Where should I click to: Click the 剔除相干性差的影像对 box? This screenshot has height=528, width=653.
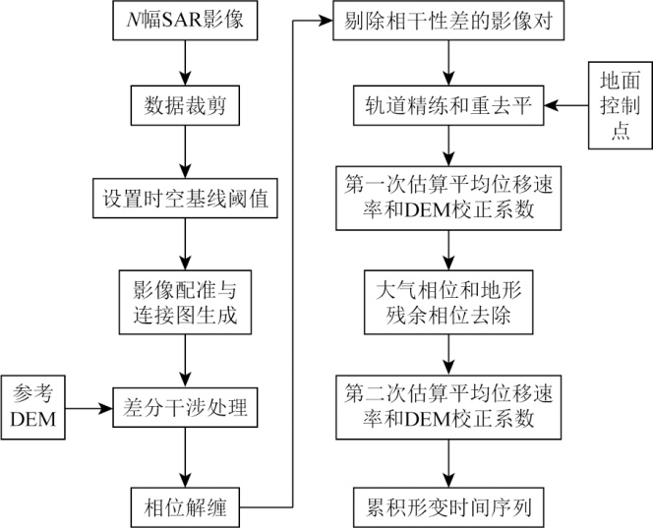click(448, 19)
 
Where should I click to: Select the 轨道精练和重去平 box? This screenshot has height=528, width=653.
click(448, 105)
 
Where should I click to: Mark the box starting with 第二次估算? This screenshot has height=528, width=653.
click(448, 405)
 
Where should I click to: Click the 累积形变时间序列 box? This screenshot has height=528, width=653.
click(448, 505)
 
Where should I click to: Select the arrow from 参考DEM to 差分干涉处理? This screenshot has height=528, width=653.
click(93, 405)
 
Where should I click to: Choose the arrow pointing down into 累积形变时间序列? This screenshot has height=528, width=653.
click(448, 460)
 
